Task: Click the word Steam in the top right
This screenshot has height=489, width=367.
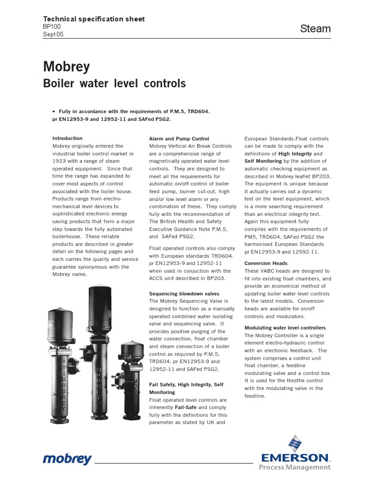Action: tap(315, 29)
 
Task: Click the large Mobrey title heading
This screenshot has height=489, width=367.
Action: tap(66, 66)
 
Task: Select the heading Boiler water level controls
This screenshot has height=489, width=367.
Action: tap(114, 84)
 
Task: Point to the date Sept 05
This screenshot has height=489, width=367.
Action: tap(53, 34)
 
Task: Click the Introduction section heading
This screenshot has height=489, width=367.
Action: tap(67, 138)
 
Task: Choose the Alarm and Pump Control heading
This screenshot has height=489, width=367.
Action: tap(179, 138)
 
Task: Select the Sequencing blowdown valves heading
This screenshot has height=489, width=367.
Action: tap(185, 294)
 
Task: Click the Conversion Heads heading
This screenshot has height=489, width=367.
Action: tap(266, 263)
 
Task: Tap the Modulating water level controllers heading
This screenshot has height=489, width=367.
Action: tap(285, 328)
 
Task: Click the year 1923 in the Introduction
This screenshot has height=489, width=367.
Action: tap(60, 161)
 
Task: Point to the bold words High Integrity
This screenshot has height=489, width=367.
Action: tap(295, 154)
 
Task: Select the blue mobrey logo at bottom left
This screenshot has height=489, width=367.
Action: tap(67, 460)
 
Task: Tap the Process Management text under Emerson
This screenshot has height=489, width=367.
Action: tap(294, 468)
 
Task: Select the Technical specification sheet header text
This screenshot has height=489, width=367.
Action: tap(94, 19)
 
